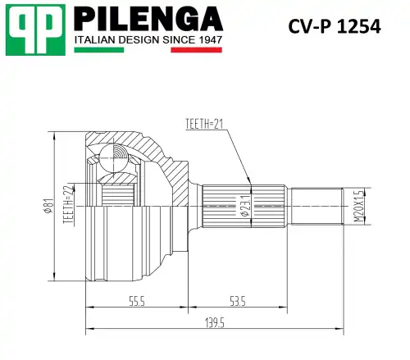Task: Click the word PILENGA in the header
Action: (x=148, y=18)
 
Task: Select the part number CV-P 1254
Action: (x=334, y=26)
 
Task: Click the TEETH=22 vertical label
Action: (x=69, y=204)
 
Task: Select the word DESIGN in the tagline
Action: (x=136, y=39)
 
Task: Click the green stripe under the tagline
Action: (x=98, y=50)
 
